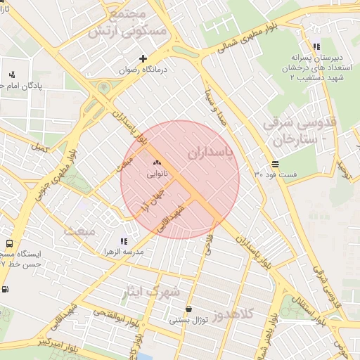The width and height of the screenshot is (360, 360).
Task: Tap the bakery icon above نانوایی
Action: (x=155, y=162)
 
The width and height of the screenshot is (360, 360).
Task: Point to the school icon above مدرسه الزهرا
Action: (x=124, y=241)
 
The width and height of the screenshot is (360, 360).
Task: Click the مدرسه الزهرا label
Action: (x=123, y=251)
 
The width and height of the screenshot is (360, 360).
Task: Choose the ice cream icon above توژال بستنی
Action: (x=188, y=309)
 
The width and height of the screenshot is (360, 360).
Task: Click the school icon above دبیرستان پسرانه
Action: (x=317, y=47)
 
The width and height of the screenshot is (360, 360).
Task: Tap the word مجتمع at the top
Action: (x=127, y=14)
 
